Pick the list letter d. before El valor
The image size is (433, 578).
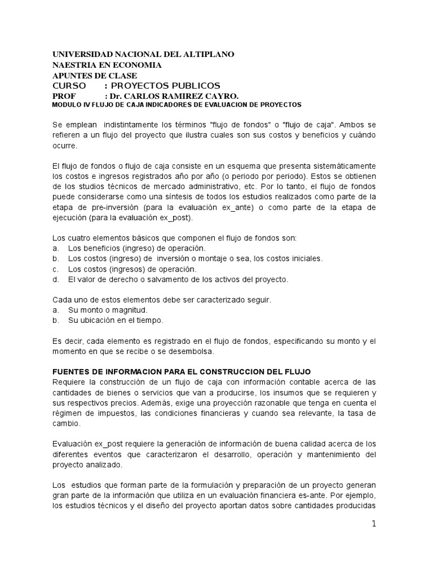(x=56, y=279)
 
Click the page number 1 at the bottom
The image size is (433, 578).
(x=373, y=524)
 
